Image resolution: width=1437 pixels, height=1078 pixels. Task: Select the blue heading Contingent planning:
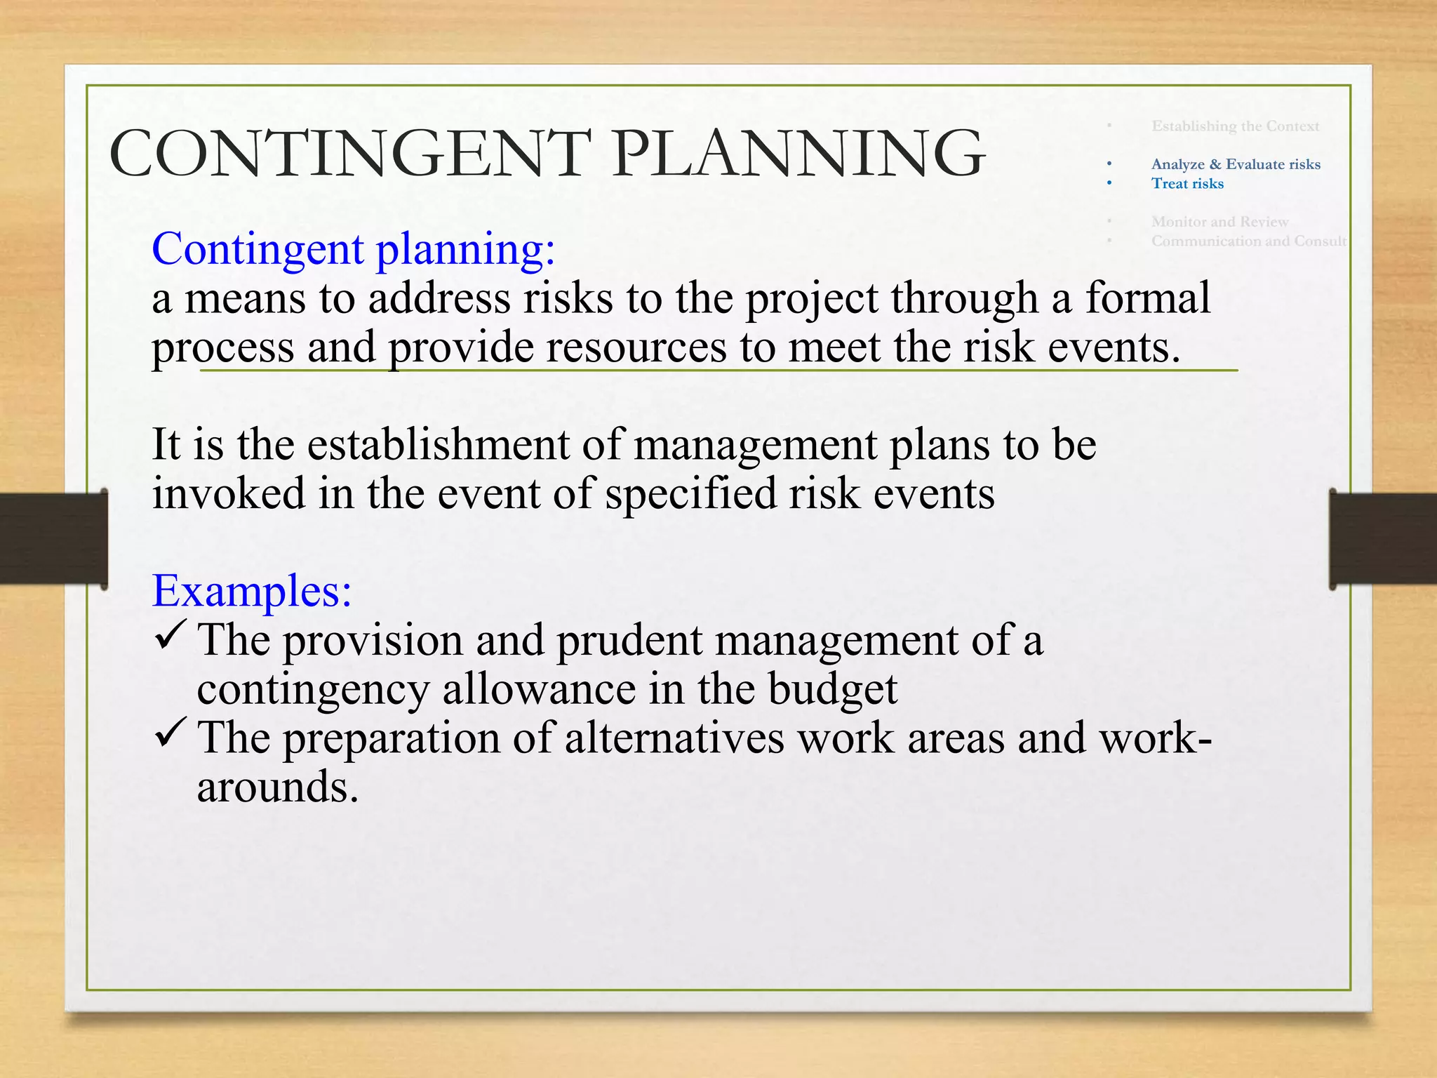point(353,249)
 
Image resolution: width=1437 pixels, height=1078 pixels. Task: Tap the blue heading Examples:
point(252,591)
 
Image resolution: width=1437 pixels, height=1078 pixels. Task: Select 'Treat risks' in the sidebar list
point(1187,184)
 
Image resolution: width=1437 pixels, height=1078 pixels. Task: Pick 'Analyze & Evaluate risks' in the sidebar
point(1236,164)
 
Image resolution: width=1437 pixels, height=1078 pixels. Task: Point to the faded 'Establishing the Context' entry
point(1235,126)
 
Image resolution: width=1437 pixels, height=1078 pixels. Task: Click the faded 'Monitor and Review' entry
point(1219,222)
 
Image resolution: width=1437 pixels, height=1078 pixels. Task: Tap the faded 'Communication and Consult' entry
point(1248,241)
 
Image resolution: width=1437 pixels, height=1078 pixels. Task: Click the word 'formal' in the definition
point(1148,298)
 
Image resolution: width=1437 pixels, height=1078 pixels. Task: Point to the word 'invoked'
point(229,493)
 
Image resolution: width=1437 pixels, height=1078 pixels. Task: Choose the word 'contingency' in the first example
point(312,690)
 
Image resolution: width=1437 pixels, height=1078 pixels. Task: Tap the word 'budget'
point(832,690)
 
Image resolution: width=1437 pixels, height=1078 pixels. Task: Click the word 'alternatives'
point(674,738)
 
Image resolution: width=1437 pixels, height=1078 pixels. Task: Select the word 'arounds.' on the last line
point(278,787)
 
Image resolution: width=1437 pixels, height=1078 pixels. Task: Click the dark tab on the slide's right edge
point(1382,538)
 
